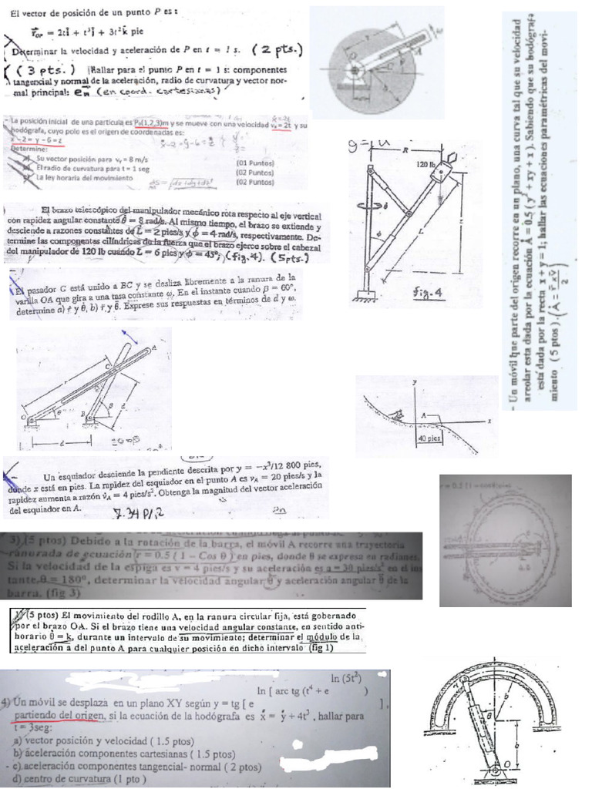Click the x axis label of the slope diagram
pos(489,421)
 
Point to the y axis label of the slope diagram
pos(414,382)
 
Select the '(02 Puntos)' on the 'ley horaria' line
pos(255,183)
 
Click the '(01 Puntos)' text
pos(255,163)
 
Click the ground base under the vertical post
pos(364,297)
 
